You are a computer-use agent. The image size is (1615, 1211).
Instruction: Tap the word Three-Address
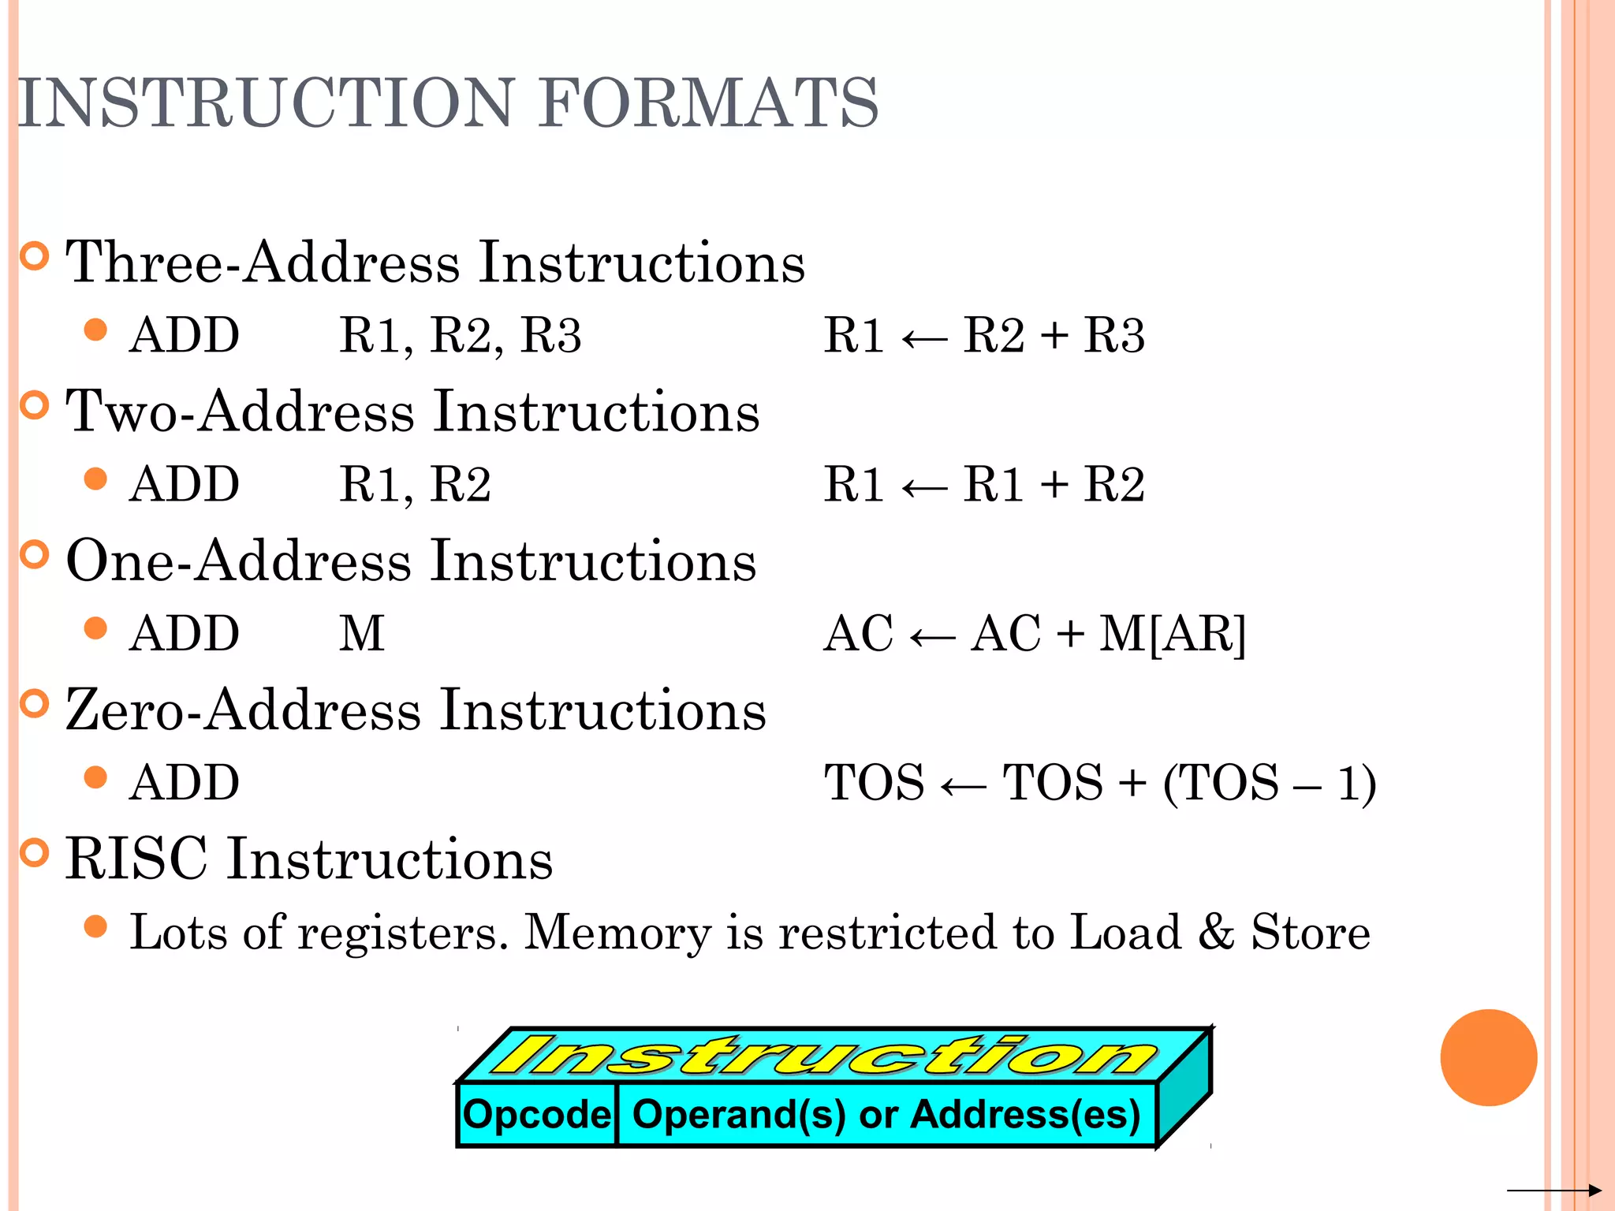[x=261, y=263]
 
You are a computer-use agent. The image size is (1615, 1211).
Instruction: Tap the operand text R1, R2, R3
[x=460, y=335]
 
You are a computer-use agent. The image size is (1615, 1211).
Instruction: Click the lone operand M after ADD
[x=362, y=633]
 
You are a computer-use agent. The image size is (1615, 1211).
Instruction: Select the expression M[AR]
[x=1173, y=633]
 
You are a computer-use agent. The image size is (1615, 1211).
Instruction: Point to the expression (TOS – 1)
[x=1270, y=783]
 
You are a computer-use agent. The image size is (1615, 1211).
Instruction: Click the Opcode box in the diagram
[x=536, y=1115]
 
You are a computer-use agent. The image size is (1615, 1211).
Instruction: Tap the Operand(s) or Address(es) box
[x=886, y=1115]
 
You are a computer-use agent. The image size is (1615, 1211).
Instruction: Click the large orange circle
[x=1488, y=1057]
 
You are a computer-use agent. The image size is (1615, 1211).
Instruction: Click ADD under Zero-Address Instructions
[x=185, y=783]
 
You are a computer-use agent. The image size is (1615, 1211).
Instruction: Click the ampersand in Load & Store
[x=1216, y=932]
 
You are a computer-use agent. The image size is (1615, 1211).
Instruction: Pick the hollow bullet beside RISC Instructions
[x=34, y=853]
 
